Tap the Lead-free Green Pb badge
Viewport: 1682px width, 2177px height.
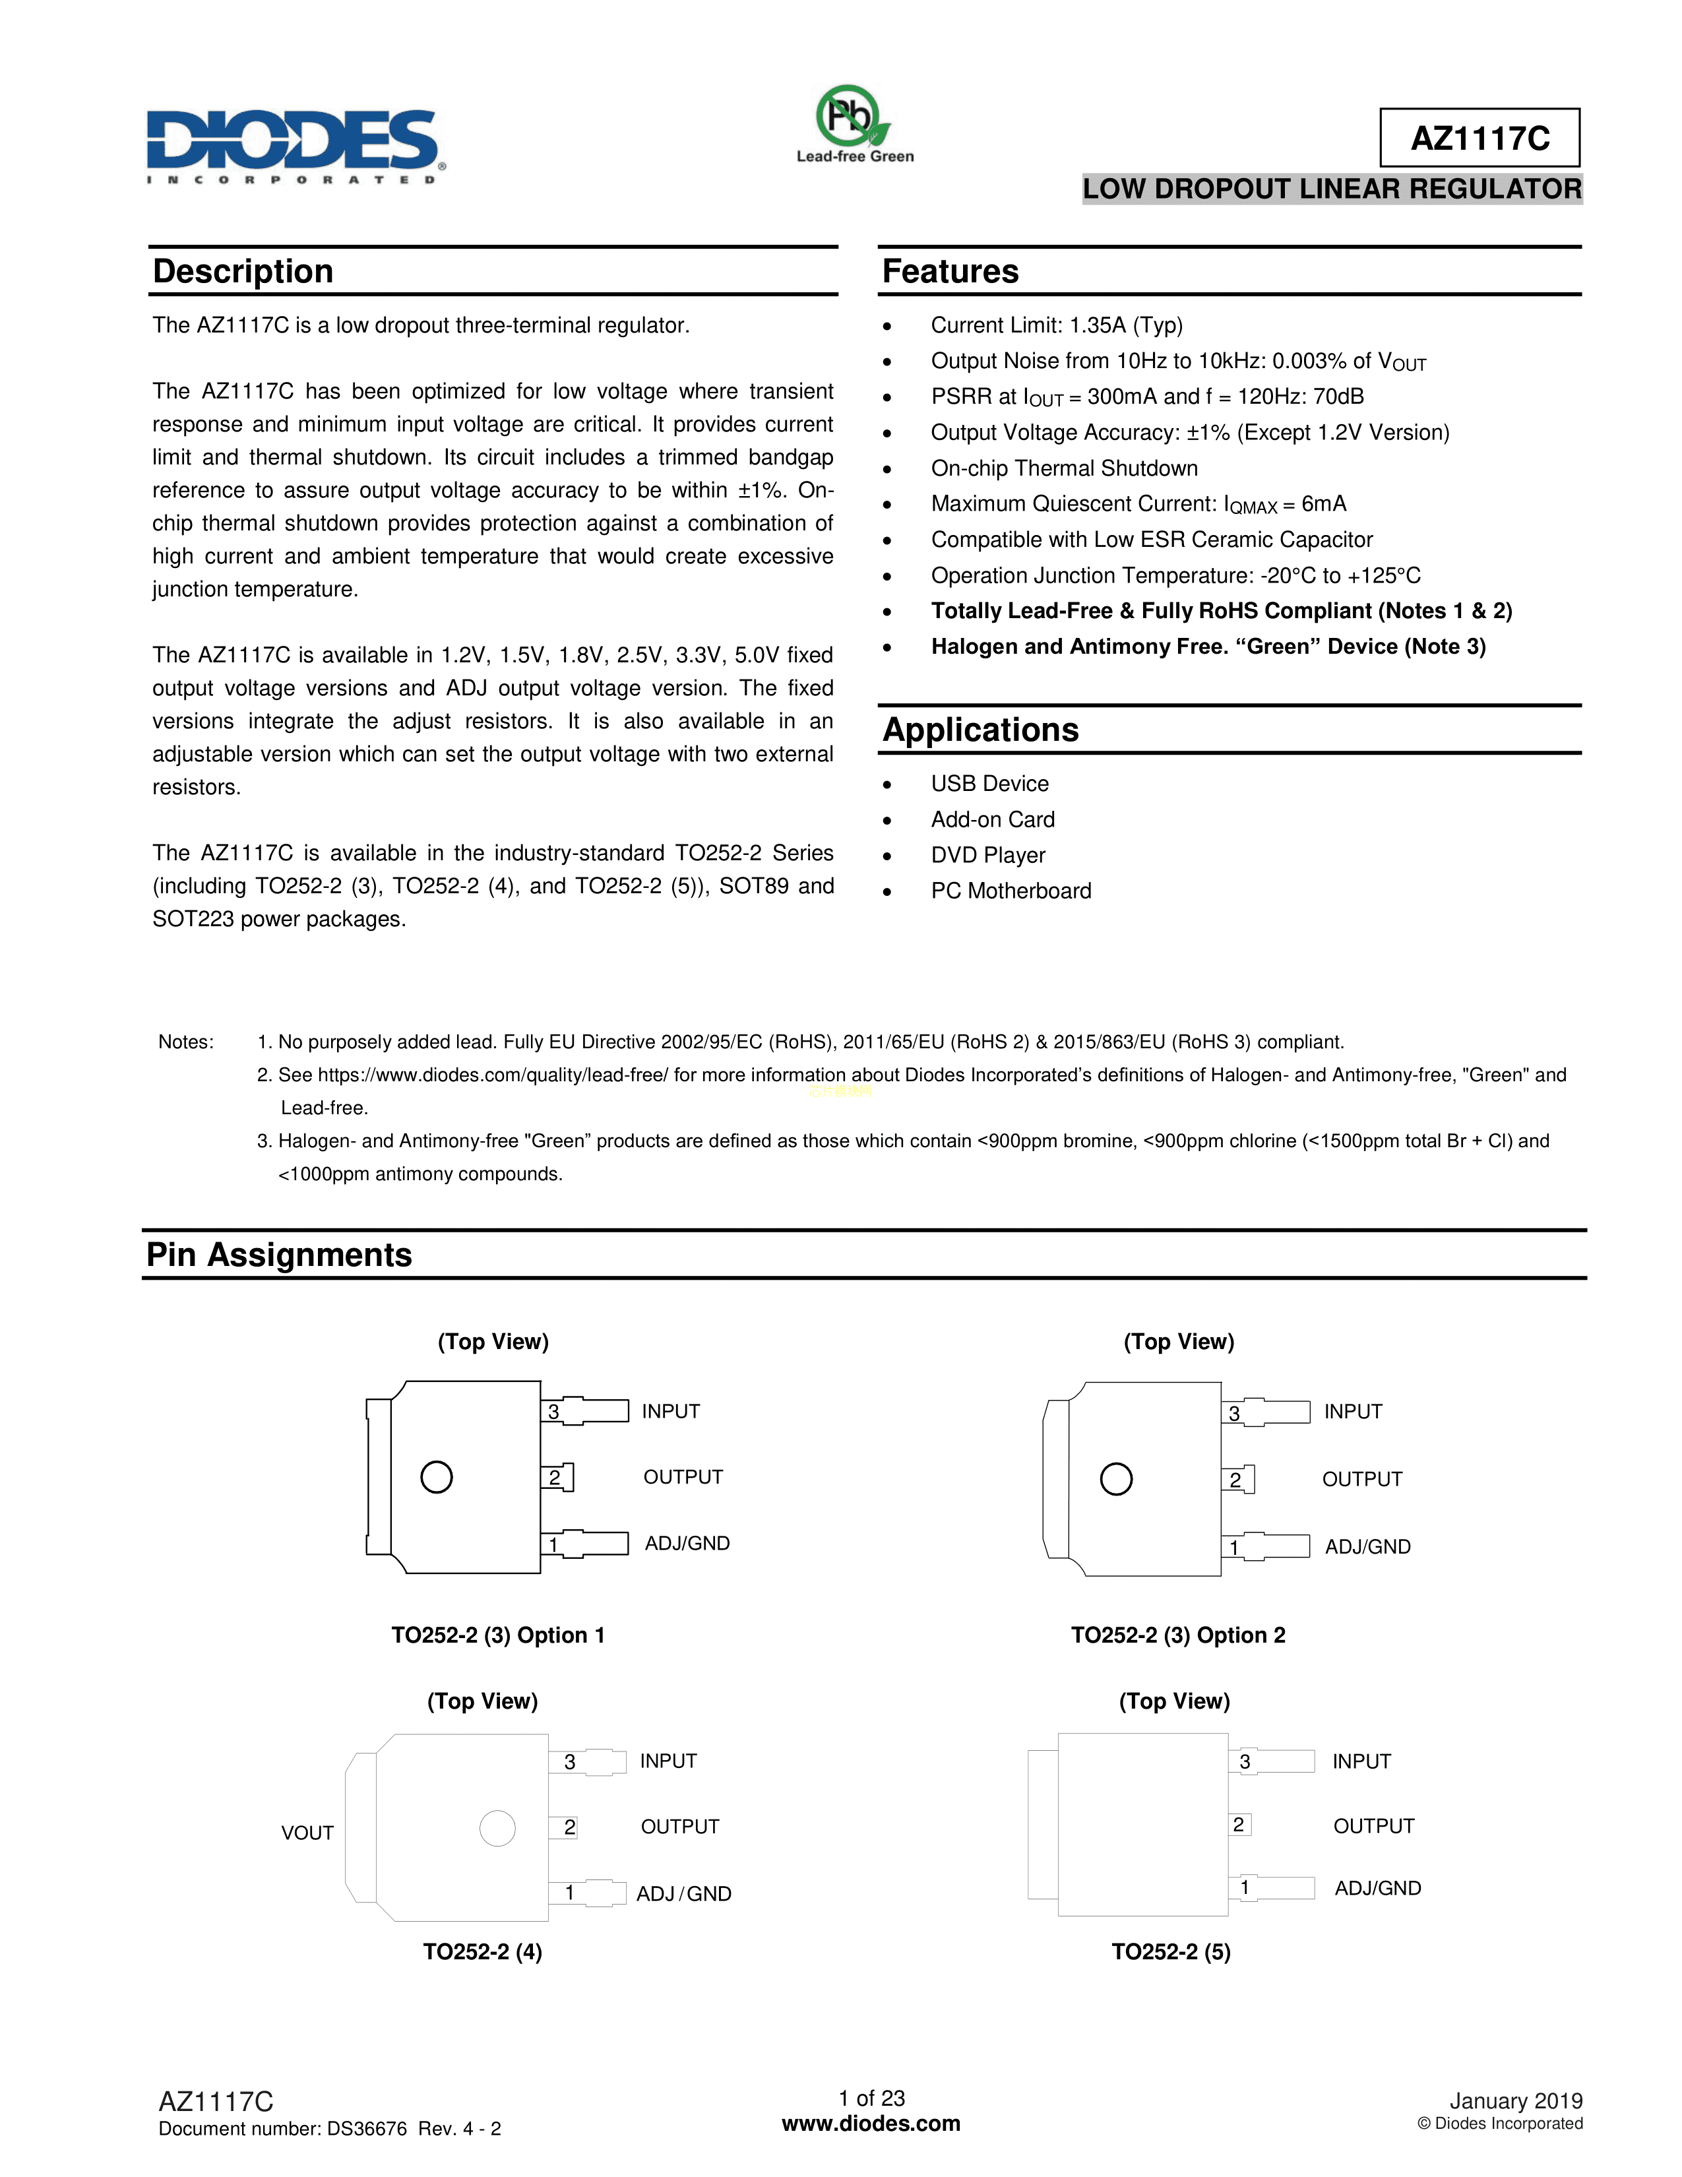coord(854,123)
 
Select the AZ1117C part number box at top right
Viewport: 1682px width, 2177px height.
coord(1479,138)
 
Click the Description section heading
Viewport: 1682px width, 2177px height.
coord(243,271)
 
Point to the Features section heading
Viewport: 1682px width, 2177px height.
coord(950,271)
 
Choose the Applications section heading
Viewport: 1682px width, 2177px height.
coord(980,730)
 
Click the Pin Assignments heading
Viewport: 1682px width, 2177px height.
coord(279,1254)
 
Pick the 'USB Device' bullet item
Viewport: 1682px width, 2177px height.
coord(989,784)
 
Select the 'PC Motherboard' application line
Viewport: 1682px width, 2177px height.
coord(1011,891)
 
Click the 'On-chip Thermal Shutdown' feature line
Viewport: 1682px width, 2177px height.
coord(1063,468)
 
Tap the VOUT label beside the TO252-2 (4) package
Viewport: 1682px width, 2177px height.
coord(307,1832)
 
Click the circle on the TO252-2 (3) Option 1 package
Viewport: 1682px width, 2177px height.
coord(437,1476)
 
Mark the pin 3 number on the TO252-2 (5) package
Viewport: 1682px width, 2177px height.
coord(1245,1761)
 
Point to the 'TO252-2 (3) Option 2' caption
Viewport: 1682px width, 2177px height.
coord(1178,1635)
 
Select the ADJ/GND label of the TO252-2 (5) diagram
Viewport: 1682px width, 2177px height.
coord(1377,1888)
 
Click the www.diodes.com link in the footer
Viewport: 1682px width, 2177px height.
coord(871,2123)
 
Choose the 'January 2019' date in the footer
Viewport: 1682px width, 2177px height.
coord(1514,2101)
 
